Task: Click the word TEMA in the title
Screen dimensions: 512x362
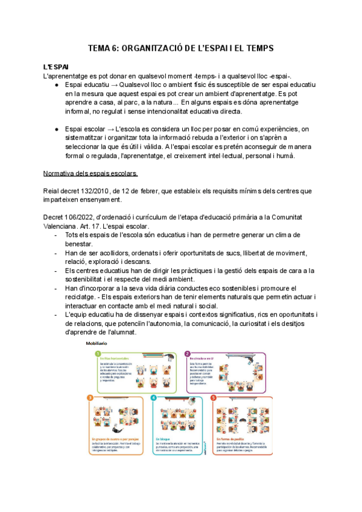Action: pos(100,48)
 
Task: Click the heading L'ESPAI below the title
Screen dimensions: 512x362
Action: pos(56,65)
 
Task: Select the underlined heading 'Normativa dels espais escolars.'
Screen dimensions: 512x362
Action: pos(91,174)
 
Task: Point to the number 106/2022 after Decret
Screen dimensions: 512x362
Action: pos(80,216)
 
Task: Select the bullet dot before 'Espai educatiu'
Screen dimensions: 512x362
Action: pos(56,85)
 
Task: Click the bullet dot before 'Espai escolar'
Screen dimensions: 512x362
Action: pos(56,129)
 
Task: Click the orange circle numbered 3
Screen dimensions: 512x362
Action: pos(91,398)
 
